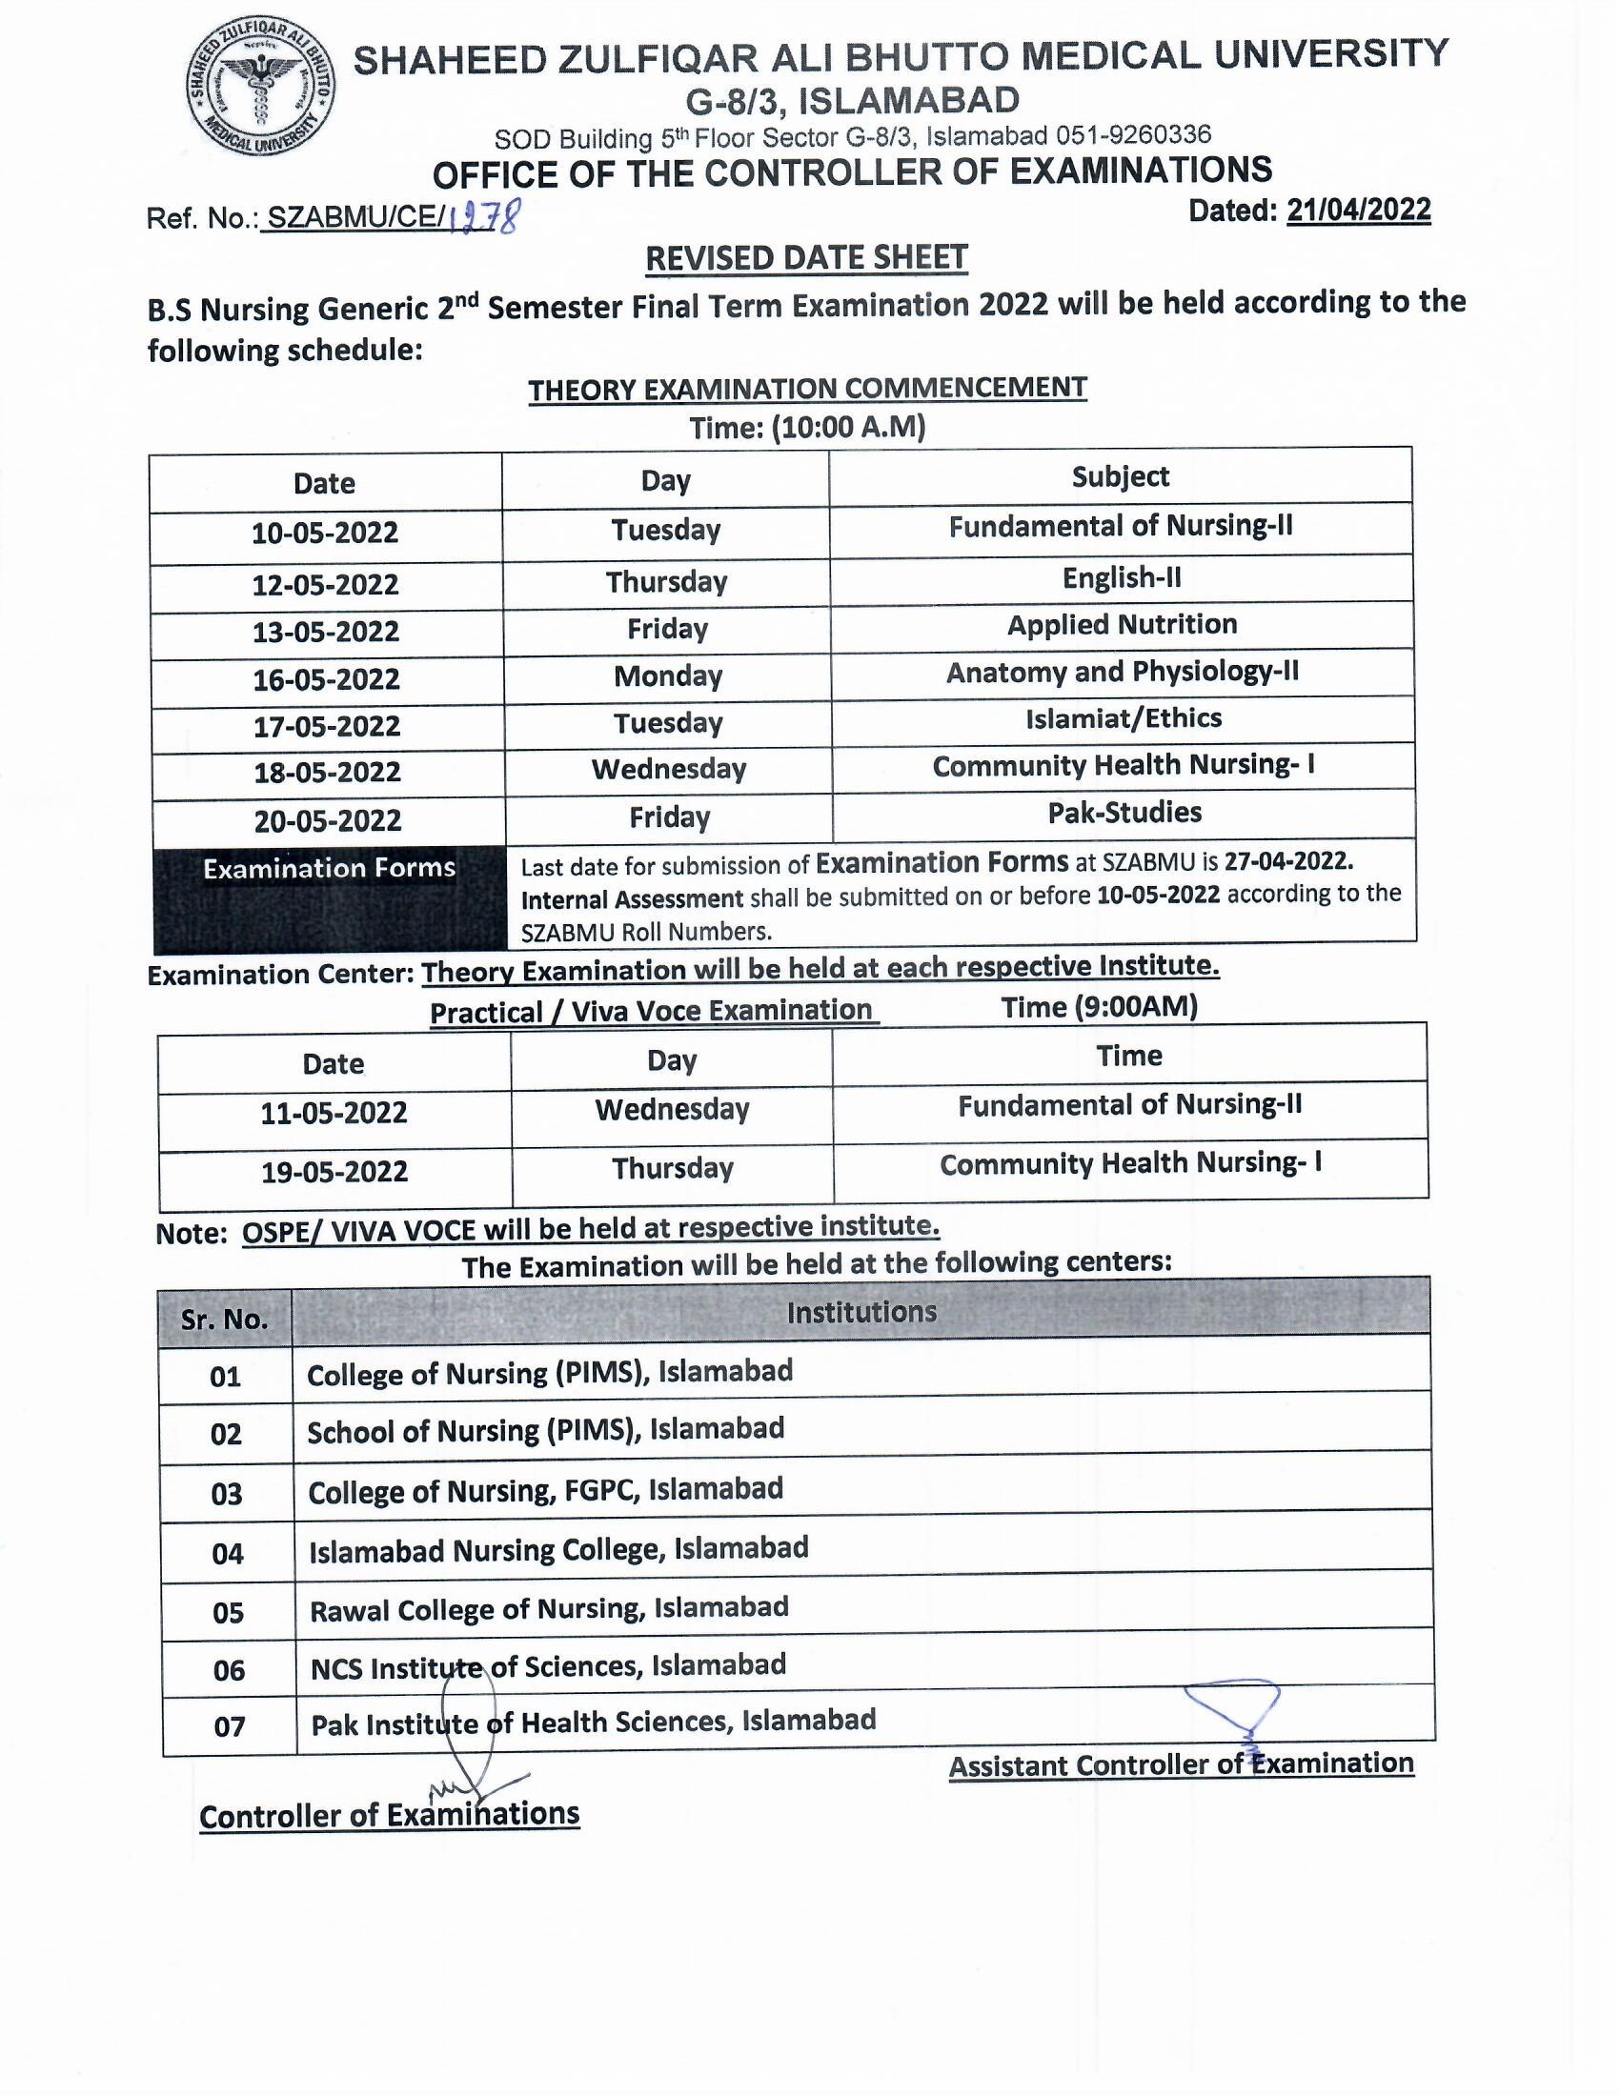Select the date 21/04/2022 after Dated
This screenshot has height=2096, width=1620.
coord(1358,210)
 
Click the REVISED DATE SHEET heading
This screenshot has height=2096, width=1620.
coord(806,258)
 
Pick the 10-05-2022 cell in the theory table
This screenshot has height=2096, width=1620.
coord(325,533)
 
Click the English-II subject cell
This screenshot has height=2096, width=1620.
coord(1121,577)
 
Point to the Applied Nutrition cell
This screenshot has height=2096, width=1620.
coord(1121,625)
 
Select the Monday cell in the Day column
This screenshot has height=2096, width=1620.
coord(668,676)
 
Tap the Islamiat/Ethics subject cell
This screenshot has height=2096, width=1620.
coord(1123,718)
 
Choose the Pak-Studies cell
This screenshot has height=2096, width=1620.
coord(1124,813)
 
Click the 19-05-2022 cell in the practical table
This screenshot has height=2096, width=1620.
coord(334,1172)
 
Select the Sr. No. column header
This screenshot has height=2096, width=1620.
coord(225,1319)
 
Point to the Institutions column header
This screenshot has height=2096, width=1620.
coord(861,1312)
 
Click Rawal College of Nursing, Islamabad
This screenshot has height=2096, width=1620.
coord(549,1608)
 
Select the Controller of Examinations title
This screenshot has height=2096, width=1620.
coord(390,1815)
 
